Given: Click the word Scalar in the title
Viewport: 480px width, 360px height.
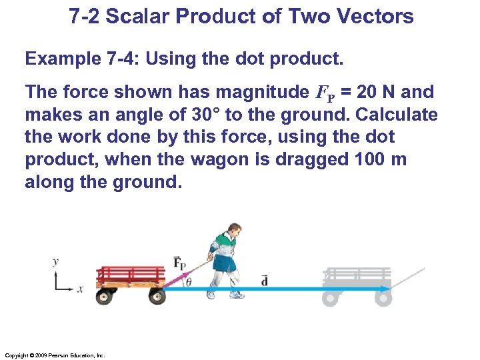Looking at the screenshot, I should [139, 16].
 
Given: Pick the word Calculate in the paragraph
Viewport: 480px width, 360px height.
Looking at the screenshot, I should [397, 115].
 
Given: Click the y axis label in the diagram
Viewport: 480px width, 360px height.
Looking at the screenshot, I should [56, 261].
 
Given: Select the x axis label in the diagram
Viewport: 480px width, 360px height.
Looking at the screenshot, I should [81, 289].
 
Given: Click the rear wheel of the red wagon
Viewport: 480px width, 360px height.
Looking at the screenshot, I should [105, 296].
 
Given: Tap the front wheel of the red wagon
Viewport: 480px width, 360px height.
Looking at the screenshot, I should [157, 296].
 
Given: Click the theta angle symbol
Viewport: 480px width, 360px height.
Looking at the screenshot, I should [189, 281].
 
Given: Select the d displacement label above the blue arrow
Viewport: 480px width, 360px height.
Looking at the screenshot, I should [265, 279].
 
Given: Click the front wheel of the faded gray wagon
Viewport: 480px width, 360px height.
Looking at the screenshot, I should [383, 297].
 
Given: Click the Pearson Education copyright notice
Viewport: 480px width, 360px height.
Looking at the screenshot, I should [54, 355].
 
